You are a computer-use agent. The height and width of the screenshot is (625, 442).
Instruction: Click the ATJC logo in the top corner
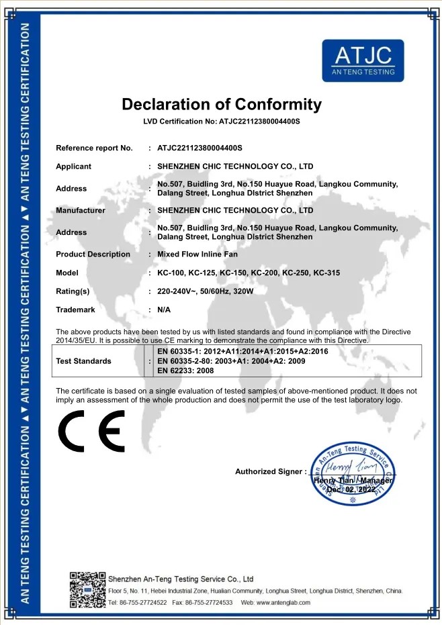point(363,60)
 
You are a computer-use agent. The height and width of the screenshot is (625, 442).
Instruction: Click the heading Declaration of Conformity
point(221,105)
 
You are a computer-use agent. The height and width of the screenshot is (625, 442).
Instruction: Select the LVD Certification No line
point(221,122)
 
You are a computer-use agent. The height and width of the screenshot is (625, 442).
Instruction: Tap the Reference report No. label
point(94,148)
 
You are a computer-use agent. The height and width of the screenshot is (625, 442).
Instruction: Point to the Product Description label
point(93,254)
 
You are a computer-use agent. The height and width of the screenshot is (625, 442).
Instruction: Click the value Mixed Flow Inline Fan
point(197,254)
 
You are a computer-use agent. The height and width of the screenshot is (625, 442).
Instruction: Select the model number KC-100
point(171,273)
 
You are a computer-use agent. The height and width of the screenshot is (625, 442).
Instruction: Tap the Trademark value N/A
point(164,310)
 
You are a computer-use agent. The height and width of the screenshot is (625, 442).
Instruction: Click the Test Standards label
point(83,361)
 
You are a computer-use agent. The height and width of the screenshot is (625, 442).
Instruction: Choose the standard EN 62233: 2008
point(185,371)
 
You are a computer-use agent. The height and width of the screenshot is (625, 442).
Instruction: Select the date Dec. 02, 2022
point(351,490)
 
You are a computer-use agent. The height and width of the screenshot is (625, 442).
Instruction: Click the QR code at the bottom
point(87,589)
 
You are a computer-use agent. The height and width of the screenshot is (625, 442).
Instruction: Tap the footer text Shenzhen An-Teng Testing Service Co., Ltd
point(181,579)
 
